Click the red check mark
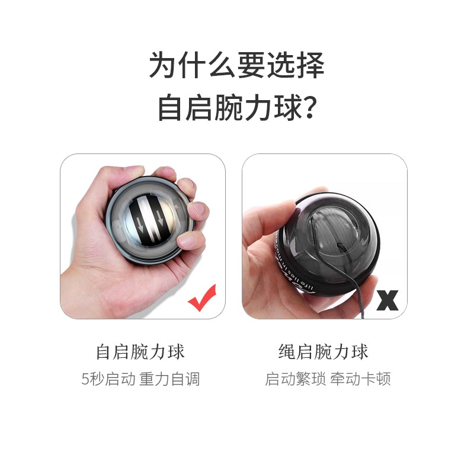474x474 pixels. [x=202, y=299]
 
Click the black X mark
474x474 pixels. [x=387, y=300]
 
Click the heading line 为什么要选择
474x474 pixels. [x=237, y=65]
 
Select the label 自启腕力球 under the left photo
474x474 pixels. [x=140, y=352]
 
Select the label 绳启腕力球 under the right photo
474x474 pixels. [x=323, y=352]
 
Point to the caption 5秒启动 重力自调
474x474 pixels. [x=140, y=379]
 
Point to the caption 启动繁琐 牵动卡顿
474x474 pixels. [x=328, y=379]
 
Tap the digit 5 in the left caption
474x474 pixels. [x=85, y=379]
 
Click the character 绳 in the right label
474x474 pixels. [x=287, y=352]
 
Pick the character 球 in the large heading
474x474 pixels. [x=287, y=107]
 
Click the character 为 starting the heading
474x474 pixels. [x=164, y=65]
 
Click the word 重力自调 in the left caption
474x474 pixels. [x=169, y=379]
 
